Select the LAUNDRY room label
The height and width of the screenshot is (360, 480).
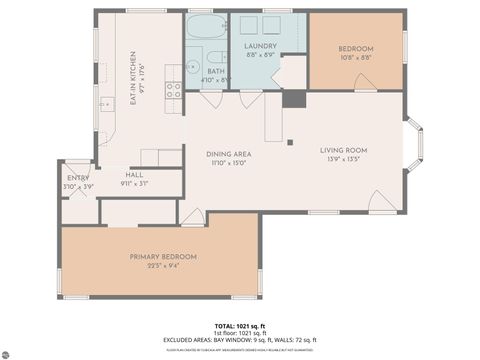260,47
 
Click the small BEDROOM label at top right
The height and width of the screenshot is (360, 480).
355,49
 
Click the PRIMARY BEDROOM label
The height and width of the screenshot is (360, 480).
163,257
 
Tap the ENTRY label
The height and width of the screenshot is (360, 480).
77,179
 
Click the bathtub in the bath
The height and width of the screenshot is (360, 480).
207,27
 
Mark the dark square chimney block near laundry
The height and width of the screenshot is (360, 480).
293,99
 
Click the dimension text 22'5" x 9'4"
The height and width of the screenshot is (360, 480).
163,266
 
